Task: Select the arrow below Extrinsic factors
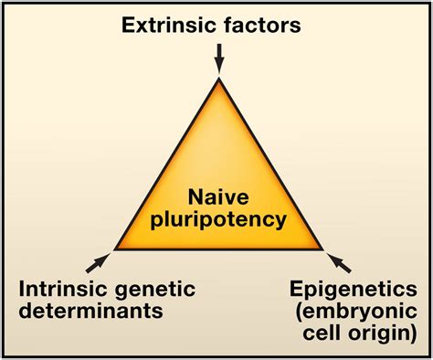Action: [x=218, y=59]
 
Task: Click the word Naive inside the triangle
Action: [x=217, y=196]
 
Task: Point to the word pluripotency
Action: [x=217, y=219]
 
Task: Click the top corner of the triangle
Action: [x=218, y=80]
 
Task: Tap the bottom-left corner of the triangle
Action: [x=114, y=249]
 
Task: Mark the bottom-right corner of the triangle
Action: [x=323, y=249]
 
